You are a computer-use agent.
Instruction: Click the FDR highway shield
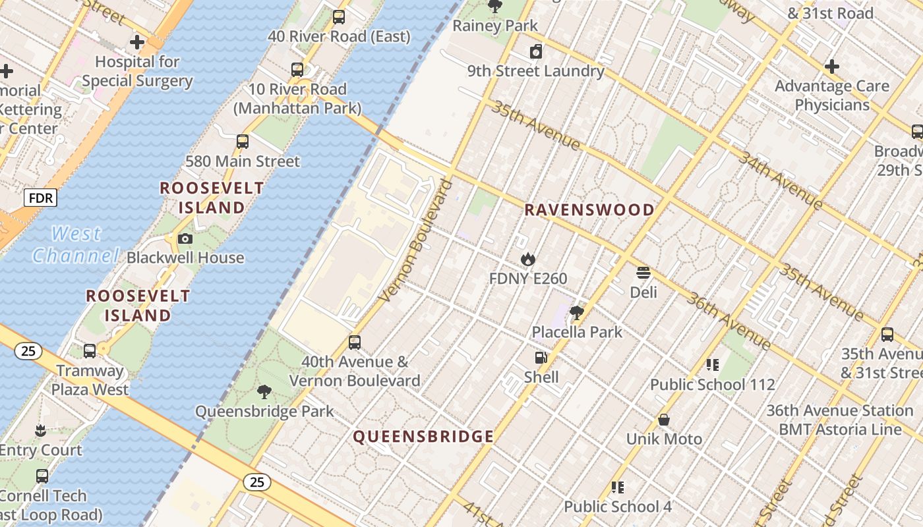coord(41,197)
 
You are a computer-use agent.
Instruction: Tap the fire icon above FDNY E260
coord(527,260)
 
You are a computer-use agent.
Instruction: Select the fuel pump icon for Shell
coord(541,358)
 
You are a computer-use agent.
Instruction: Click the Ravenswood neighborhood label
coord(589,210)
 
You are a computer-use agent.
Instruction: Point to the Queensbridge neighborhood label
coord(423,436)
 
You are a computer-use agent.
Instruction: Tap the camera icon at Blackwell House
coord(185,238)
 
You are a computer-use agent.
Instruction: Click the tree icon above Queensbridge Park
coord(264,392)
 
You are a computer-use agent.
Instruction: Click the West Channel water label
coord(76,244)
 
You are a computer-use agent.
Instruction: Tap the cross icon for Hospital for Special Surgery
coord(137,43)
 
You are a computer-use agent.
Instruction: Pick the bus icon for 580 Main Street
coord(243,141)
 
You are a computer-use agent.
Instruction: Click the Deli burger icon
coord(643,273)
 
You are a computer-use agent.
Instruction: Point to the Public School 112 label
coord(712,385)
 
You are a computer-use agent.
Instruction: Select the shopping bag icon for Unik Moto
coord(664,420)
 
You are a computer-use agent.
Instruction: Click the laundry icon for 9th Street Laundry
coord(536,51)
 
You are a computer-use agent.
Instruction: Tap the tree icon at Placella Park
coord(577,312)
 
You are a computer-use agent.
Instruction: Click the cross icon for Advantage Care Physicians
coord(832,67)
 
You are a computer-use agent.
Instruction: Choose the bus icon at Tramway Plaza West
coord(90,351)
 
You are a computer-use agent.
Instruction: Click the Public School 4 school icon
coord(618,487)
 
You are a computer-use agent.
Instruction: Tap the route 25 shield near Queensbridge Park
coord(256,482)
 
